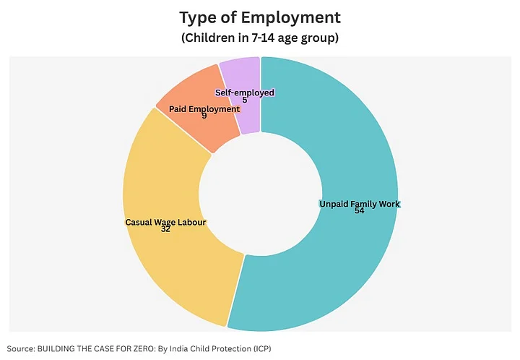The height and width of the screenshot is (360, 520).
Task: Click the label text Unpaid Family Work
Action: [359, 204]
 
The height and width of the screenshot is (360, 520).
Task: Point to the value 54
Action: [359, 211]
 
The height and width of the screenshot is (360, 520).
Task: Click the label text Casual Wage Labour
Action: [165, 223]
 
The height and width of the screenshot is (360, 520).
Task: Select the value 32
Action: [165, 230]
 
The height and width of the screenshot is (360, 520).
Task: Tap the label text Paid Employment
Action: [204, 108]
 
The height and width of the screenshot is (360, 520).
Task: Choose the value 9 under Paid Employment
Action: [204, 116]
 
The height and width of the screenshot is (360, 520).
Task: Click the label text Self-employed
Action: [245, 93]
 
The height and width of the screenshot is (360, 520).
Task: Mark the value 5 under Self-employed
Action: [245, 100]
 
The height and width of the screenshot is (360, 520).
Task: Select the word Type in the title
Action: [197, 17]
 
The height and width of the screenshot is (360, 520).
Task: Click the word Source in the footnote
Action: [22, 348]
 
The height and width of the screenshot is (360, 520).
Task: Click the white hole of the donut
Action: [261, 192]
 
